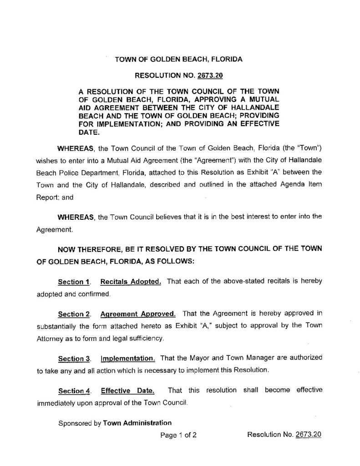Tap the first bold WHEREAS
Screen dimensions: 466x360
tap(75, 148)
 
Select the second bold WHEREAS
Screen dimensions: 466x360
tap(75, 217)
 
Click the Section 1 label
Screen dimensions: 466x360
tap(72, 282)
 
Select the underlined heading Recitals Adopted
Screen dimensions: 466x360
tap(131, 282)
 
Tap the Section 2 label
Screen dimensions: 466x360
tap(72, 314)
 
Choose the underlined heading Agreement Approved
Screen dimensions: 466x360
tap(137, 314)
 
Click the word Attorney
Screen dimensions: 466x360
tap(49, 339)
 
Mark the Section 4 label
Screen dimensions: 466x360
tap(72, 390)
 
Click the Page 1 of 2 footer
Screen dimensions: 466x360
tap(179, 435)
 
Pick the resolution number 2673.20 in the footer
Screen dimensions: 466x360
tap(309, 435)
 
